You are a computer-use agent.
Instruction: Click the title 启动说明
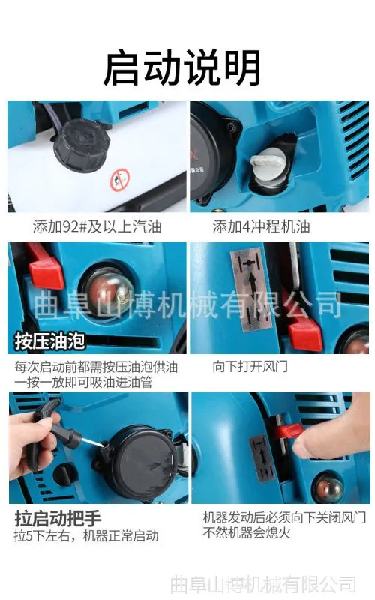(x=182, y=67)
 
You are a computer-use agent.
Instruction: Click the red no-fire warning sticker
(x=120, y=180)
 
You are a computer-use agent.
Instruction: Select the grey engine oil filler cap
(x=268, y=165)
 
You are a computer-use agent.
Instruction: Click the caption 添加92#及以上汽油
(x=97, y=226)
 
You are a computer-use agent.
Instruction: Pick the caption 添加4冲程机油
(x=261, y=226)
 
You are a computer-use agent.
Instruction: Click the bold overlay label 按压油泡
(x=49, y=341)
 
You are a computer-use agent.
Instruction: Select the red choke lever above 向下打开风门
(x=305, y=332)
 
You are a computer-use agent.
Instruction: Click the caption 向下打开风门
(x=250, y=366)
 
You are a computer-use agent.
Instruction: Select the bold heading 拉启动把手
(x=58, y=518)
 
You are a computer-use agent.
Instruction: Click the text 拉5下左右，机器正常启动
(x=86, y=536)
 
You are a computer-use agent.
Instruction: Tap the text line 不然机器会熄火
(x=247, y=532)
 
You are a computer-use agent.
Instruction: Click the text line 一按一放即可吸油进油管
(x=83, y=382)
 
